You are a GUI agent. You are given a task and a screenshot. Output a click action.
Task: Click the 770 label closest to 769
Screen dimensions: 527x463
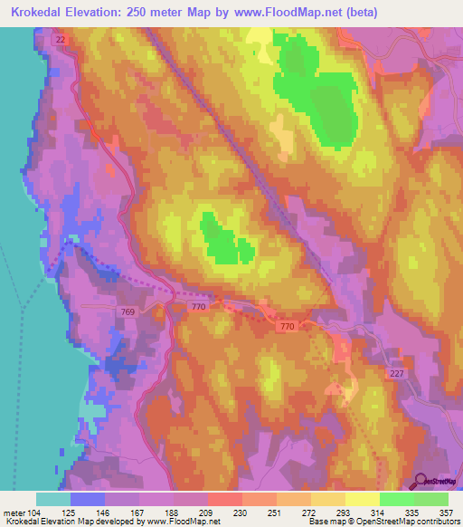point(199,309)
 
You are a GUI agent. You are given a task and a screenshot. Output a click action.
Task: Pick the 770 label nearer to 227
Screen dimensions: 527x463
point(288,326)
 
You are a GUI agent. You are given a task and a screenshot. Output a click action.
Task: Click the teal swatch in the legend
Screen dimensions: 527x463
point(53,499)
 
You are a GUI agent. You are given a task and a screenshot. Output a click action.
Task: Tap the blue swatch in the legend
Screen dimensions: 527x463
point(88,499)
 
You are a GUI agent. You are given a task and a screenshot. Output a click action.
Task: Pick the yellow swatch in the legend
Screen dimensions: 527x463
point(362,499)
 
